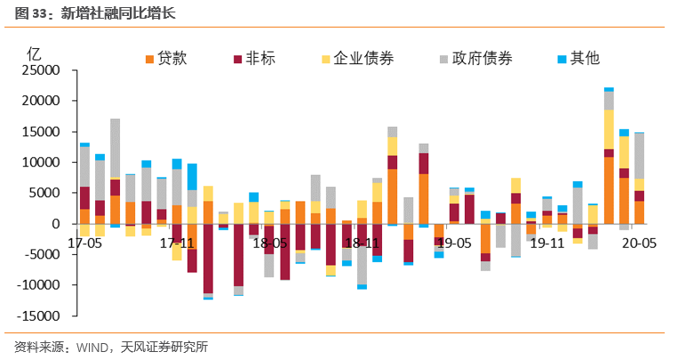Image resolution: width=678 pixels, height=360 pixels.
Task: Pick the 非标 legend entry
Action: [261, 59]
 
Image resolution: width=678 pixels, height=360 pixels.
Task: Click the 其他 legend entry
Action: [585, 59]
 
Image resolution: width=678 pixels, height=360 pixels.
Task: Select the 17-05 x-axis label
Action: [85, 242]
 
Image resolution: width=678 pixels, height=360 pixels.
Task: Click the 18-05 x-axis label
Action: [267, 242]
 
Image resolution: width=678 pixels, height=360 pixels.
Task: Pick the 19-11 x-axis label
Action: [547, 242]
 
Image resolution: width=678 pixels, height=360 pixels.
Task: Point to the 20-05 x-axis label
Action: [638, 242]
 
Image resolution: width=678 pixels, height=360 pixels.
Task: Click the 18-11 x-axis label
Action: [362, 242]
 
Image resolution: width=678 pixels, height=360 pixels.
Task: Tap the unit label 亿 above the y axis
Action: [35, 51]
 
